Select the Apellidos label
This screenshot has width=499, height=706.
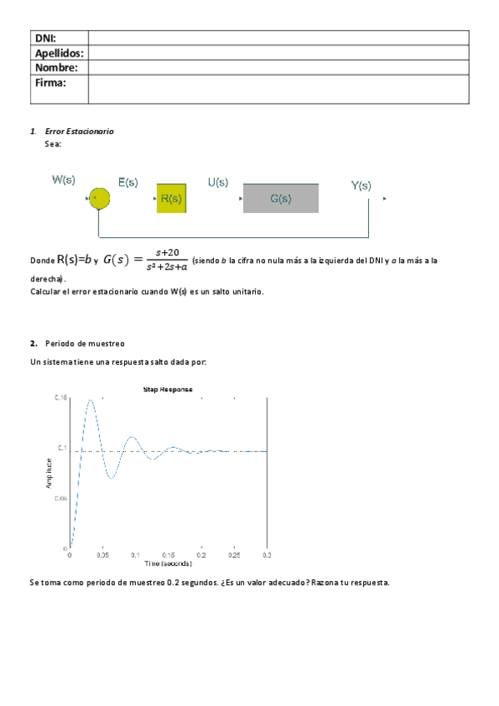tap(59, 52)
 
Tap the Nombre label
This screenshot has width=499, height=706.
tap(56, 67)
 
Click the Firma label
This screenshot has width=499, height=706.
tap(50, 82)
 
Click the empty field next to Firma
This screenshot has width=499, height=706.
tap(278, 89)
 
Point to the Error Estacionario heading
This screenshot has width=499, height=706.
tap(79, 132)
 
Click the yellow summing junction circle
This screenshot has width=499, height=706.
tap(99, 198)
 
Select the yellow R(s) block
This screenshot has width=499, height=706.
tap(171, 198)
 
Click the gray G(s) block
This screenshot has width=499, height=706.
tap(281, 198)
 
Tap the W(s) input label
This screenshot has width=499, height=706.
tap(65, 180)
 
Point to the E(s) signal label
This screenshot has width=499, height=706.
tap(127, 181)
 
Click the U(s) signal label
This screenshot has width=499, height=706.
tap(218, 181)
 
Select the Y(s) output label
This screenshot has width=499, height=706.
tap(361, 186)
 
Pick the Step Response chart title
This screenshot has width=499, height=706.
tap(168, 390)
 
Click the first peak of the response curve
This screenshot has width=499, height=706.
tap(90, 400)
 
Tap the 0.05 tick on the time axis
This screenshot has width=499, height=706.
tap(102, 554)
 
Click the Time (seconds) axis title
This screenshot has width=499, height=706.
tap(168, 564)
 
